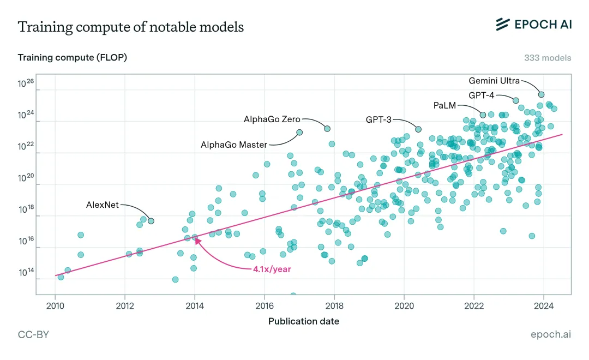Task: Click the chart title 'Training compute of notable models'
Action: (131, 27)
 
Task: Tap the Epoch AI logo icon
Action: (503, 25)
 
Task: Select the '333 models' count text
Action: (548, 58)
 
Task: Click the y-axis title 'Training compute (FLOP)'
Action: (73, 57)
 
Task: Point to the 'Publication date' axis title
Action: (304, 321)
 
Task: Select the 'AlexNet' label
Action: (103, 205)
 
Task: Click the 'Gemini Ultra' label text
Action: (494, 81)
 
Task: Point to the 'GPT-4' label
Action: (482, 95)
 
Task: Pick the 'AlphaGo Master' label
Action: (234, 145)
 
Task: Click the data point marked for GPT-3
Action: (418, 129)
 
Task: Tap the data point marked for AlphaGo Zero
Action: (327, 129)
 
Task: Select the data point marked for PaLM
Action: (483, 115)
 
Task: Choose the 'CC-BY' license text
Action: (33, 334)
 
